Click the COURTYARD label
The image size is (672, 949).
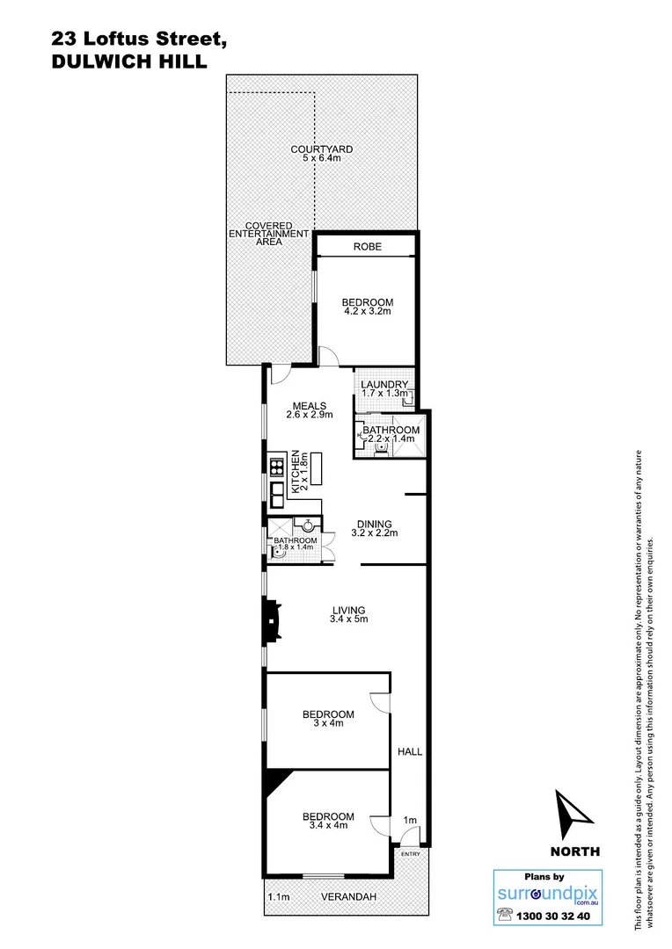click(321, 149)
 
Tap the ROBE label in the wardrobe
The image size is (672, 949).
click(367, 247)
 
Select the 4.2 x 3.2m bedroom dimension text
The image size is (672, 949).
click(367, 312)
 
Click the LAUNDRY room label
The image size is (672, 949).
click(384, 385)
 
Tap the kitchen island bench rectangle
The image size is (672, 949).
click(318, 469)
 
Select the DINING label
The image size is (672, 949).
click(374, 524)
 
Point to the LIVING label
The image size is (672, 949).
click(348, 610)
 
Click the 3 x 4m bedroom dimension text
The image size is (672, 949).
click(327, 723)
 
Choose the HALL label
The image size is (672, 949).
click(410, 752)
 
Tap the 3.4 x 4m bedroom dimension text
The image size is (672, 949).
click(327, 826)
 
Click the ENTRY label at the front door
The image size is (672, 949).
click(410, 854)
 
